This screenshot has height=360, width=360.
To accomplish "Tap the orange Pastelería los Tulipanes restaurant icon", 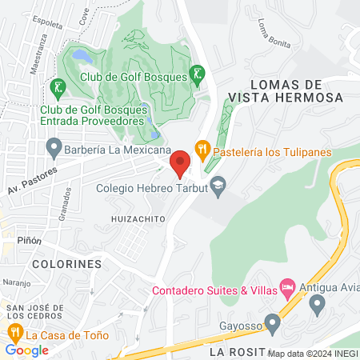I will click(x=202, y=147).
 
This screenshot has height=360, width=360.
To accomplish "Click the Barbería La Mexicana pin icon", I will click(x=54, y=147).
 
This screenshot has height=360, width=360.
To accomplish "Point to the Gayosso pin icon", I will click(x=273, y=324).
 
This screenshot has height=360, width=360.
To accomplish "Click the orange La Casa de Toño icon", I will click(x=14, y=332).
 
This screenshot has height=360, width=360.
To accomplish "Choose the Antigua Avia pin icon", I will click(x=317, y=304).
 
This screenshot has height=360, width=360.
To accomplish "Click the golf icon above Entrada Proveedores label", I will click(x=56, y=86).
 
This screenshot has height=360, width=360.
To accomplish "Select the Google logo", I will click(x=26, y=350).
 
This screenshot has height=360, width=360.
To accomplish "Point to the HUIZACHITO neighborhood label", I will click(x=138, y=217).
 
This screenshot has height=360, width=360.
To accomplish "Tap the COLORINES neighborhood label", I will click(x=66, y=263).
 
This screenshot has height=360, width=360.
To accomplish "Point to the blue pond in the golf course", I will click(x=82, y=56).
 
